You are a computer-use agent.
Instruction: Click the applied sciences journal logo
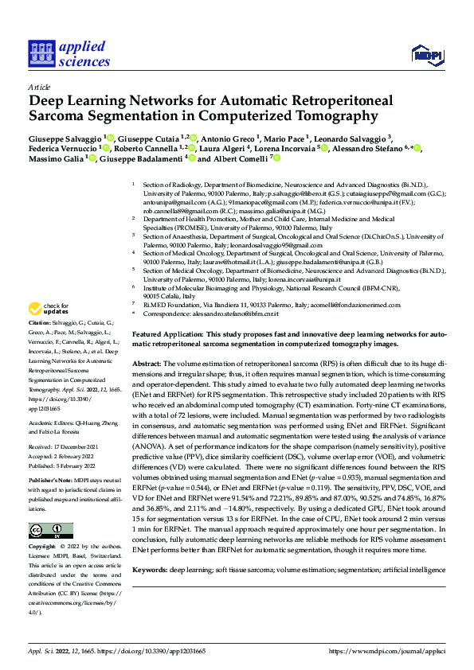tap(69, 54)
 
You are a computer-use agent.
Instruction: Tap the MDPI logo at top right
tap(427, 54)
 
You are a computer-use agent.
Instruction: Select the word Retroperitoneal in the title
tap(323, 102)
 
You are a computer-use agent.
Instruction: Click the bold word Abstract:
tap(148, 362)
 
